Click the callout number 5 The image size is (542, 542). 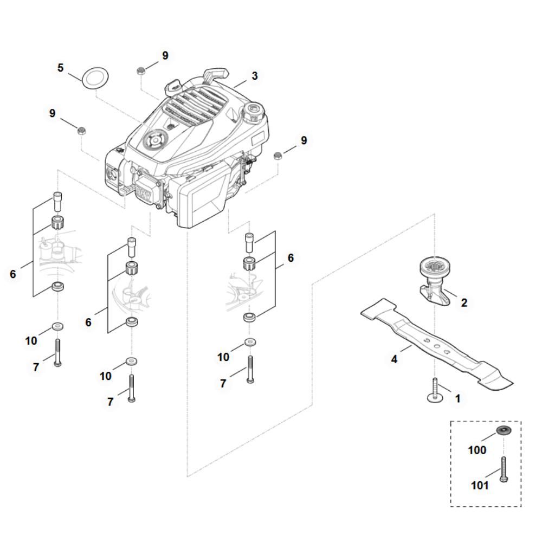tap(61, 68)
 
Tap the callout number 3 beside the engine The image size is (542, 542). tap(255, 76)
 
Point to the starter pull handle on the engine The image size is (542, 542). tap(216, 74)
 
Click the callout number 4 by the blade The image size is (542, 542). tap(394, 359)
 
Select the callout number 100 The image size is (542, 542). tap(477, 450)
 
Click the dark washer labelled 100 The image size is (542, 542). tap(504, 431)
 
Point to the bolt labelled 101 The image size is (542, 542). tap(504, 469)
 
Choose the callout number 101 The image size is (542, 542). tap(480, 486)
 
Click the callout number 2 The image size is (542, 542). tap(464, 303)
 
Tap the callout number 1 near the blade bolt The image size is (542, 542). tap(457, 398)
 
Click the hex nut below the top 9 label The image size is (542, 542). tap(141, 71)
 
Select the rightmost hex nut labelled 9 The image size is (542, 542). tap(277, 156)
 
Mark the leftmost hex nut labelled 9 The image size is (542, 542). tap(81, 131)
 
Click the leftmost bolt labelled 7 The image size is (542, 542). tap(57, 353)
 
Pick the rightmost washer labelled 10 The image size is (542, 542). tap(250, 343)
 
